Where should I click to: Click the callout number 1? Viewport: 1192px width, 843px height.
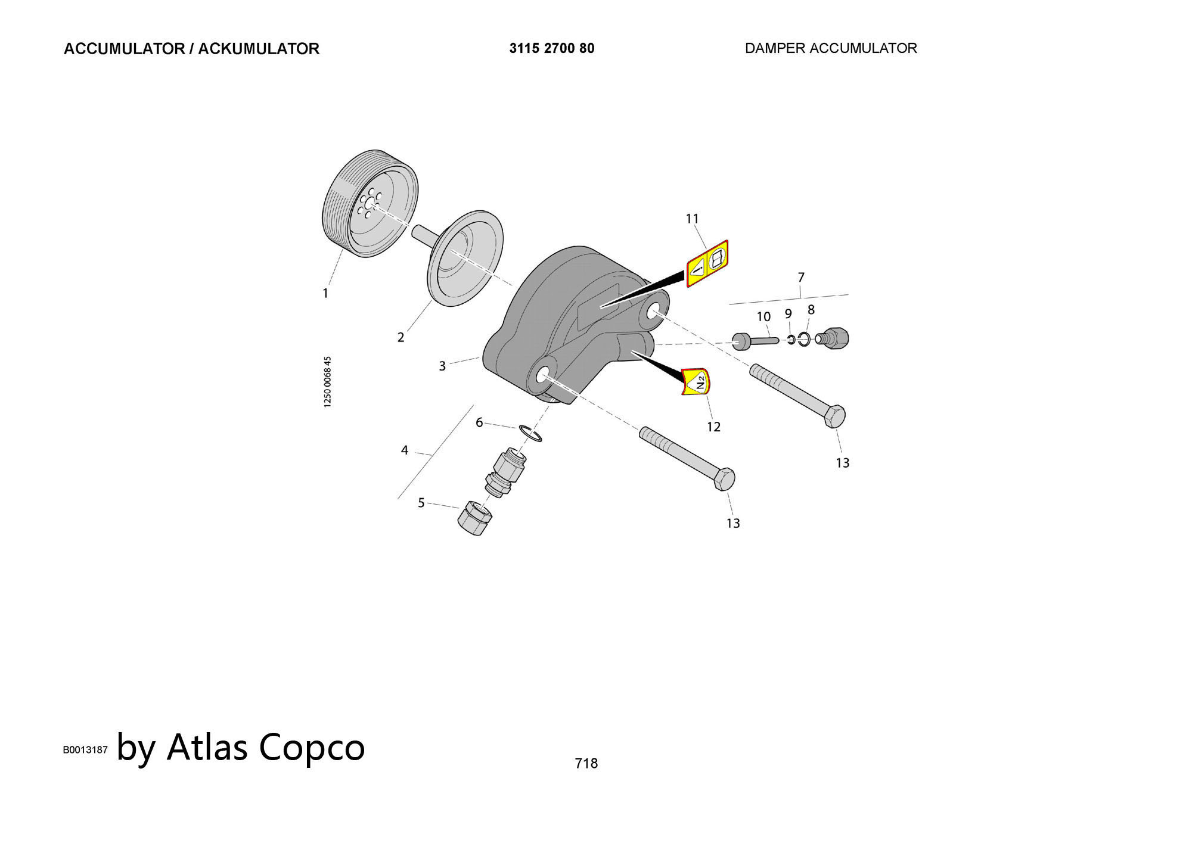click(325, 293)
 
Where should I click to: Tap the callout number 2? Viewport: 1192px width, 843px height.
click(401, 337)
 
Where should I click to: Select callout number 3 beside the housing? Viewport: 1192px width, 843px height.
click(442, 366)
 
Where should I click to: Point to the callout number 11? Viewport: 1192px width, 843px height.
click(692, 219)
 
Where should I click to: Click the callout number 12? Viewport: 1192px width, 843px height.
click(713, 427)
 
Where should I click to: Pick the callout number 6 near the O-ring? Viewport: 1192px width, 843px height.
click(479, 422)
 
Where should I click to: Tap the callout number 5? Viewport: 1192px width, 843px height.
click(421, 503)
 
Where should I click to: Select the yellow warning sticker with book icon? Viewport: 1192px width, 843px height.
click(707, 263)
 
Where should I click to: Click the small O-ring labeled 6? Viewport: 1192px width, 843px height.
click(530, 434)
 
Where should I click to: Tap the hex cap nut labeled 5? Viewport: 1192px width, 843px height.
click(475, 518)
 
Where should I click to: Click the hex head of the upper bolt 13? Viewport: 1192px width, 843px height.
click(834, 416)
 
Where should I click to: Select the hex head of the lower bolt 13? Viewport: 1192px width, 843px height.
click(724, 479)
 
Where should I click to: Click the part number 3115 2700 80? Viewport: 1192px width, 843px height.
click(551, 48)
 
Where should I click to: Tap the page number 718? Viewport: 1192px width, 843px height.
click(586, 763)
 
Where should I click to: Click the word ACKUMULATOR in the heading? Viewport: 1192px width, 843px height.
click(259, 49)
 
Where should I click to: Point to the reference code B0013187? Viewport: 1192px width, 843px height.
click(85, 749)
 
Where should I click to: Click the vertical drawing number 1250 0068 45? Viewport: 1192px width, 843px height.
click(328, 382)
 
